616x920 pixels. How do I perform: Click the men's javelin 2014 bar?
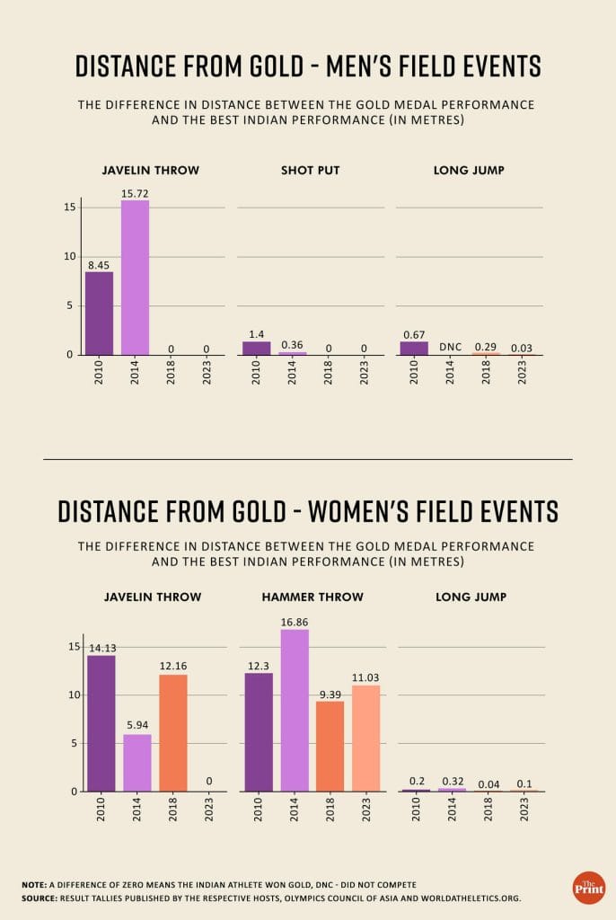coord(135,278)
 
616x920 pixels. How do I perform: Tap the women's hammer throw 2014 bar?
coord(295,710)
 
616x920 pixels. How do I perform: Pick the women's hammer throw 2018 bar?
coord(330,746)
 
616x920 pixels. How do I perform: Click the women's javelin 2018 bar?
coord(172,732)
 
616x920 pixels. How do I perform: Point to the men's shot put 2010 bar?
coord(256,348)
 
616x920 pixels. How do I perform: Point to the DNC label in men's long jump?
coord(450,346)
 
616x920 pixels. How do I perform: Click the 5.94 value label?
coord(137,727)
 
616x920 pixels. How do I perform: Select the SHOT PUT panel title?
coord(310,170)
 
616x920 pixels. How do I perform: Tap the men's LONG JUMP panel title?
coord(469,170)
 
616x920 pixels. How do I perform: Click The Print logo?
coord(588,887)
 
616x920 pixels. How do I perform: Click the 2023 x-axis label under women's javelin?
coord(208,814)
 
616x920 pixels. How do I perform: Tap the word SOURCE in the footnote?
coord(40,898)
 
